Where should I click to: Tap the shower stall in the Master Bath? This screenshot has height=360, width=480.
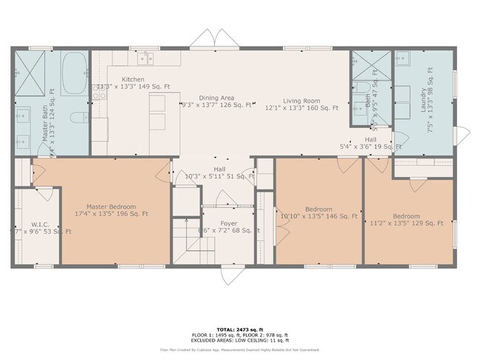click(32, 72)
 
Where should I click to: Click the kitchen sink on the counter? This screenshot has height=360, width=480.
click(145, 57)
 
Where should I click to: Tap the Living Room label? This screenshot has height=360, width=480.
click(302, 100)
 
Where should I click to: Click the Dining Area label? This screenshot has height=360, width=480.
click(216, 97)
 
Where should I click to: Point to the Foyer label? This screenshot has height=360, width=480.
click(228, 222)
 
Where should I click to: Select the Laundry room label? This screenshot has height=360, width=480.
click(424, 99)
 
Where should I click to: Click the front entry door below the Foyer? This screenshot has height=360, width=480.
click(229, 274)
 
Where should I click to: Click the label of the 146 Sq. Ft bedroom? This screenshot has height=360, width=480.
click(318, 209)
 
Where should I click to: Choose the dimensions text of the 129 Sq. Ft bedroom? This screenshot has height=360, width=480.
click(406, 223)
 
